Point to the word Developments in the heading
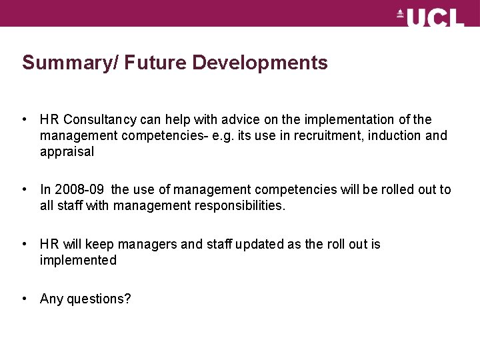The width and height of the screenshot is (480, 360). click(x=260, y=63)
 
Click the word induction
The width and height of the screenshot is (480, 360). click(x=392, y=136)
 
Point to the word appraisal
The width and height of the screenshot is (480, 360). click(x=67, y=152)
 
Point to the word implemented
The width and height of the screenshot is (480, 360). click(x=78, y=261)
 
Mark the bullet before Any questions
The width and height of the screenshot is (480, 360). click(x=24, y=299)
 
